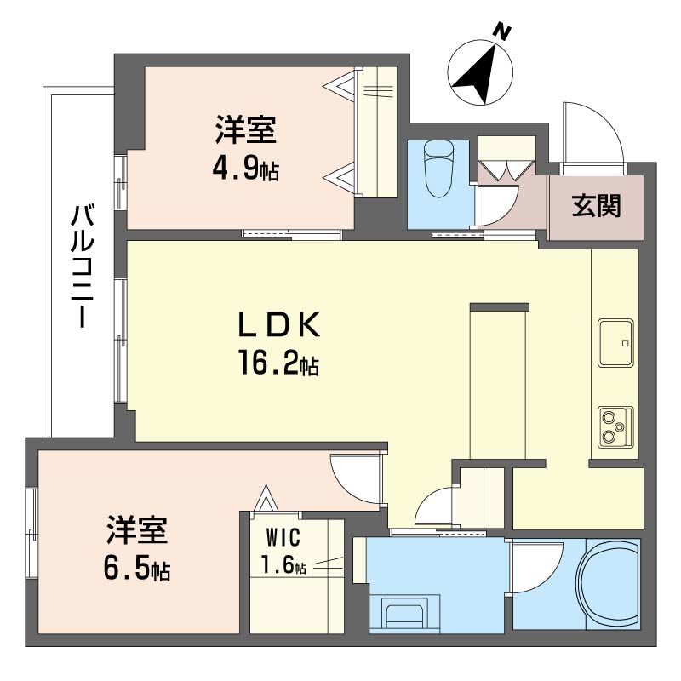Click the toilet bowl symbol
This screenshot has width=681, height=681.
(438, 168)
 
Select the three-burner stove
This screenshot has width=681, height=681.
(615, 427)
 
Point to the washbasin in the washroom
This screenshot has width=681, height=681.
(405, 613)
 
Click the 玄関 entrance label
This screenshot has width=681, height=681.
(596, 205)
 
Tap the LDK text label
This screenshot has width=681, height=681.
(279, 324)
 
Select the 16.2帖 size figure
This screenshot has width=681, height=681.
(278, 364)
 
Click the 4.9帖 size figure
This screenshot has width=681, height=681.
(246, 169)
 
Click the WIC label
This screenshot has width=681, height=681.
(283, 538)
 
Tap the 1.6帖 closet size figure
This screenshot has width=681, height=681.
(283, 565)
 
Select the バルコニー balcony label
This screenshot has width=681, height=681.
(82, 266)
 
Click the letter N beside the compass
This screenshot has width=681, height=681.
(502, 32)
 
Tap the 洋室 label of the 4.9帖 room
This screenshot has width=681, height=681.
(246, 130)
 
